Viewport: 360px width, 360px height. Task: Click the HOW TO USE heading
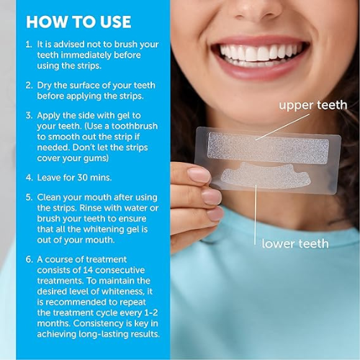click(x=78, y=22)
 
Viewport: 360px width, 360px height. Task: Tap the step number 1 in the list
click(x=29, y=45)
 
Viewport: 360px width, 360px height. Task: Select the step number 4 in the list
click(x=29, y=178)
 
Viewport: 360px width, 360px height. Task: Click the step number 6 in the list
click(x=29, y=259)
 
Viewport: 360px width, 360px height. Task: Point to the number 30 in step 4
click(x=82, y=178)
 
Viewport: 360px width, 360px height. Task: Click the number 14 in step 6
click(x=88, y=270)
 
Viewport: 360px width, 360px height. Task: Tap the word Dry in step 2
click(x=44, y=86)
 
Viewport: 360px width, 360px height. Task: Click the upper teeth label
click(x=313, y=105)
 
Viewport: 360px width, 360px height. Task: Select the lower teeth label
click(x=295, y=244)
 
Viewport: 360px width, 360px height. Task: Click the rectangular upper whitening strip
click(x=268, y=148)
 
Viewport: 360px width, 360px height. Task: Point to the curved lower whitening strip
click(x=266, y=176)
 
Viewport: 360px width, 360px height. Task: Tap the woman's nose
click(x=258, y=9)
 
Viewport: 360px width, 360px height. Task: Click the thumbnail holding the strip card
click(x=199, y=175)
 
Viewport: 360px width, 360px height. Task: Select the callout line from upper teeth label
click(x=282, y=127)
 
